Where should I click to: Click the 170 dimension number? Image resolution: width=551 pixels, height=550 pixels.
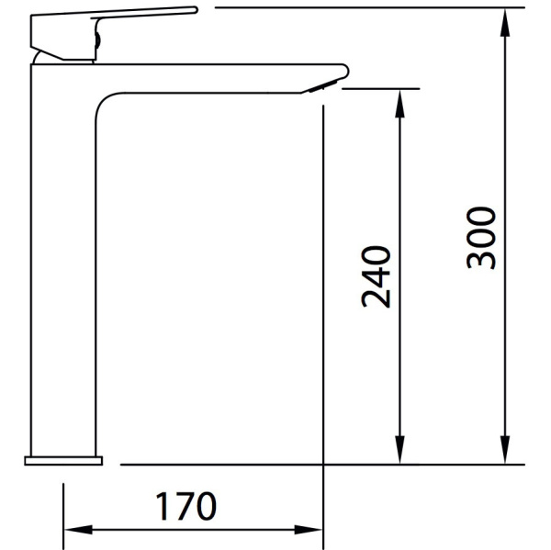[x=186, y=506]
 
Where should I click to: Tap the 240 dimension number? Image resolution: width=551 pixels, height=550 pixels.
[x=376, y=276]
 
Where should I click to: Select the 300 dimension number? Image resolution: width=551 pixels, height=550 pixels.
[x=481, y=238]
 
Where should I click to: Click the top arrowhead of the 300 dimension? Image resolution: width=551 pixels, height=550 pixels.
[x=505, y=22]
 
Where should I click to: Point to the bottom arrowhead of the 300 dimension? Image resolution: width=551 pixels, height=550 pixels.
[x=505, y=450]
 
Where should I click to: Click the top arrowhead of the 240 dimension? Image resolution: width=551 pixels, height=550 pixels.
[x=399, y=104]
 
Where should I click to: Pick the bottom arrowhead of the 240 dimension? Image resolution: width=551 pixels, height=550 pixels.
[x=399, y=450]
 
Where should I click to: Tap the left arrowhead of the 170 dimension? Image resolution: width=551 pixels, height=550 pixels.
[x=79, y=530]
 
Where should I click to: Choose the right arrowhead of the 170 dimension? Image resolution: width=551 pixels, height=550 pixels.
[x=309, y=530]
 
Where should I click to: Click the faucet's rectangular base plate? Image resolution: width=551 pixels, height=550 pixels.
[x=63, y=460]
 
